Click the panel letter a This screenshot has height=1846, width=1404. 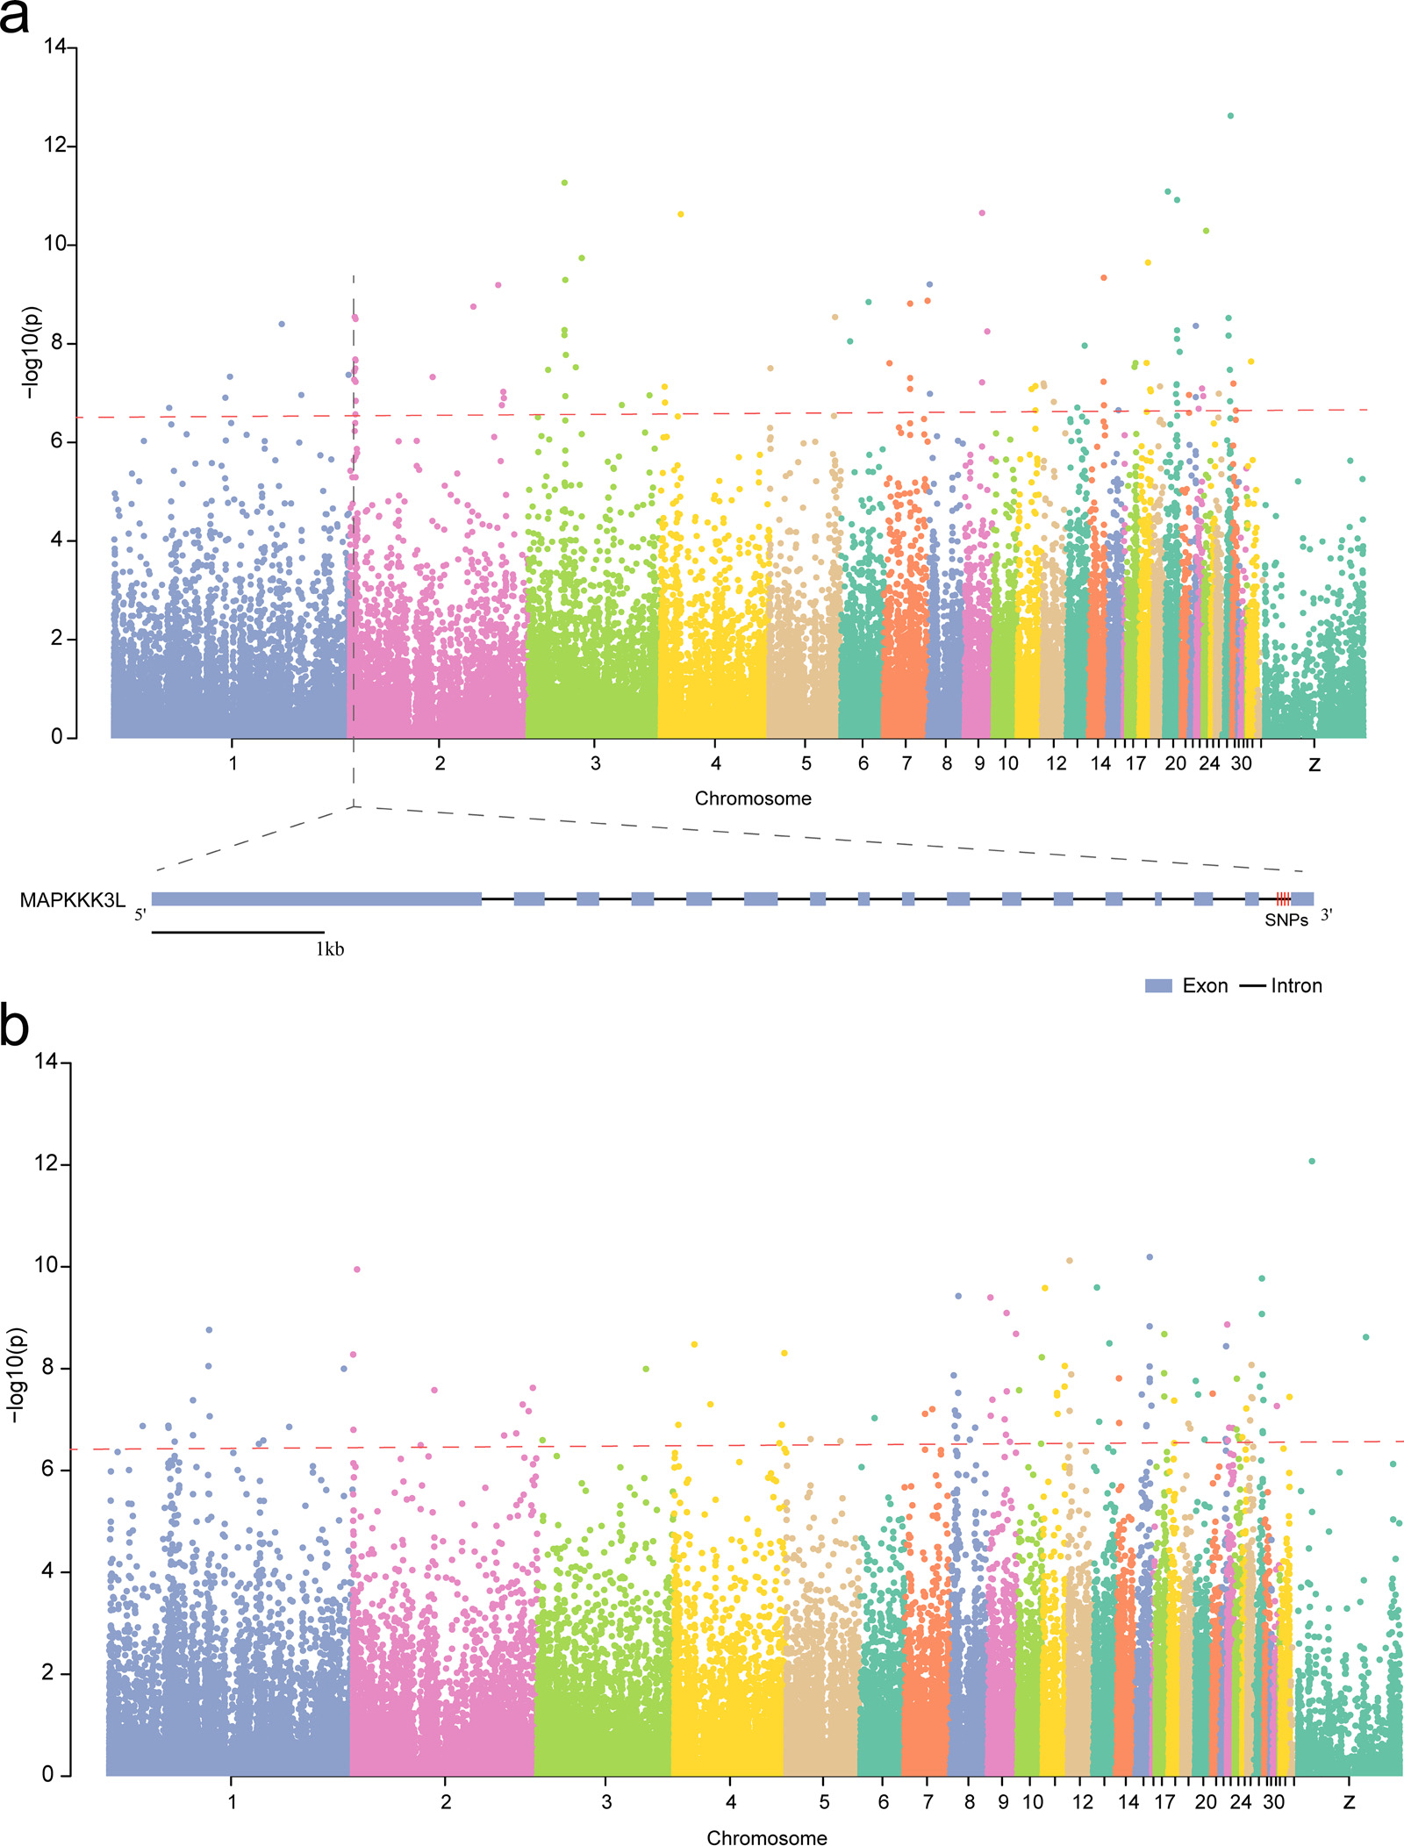point(14,18)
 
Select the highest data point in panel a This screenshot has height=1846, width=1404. point(1230,116)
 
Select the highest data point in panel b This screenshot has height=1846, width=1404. point(1312,1162)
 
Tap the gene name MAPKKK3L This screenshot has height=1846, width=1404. point(72,900)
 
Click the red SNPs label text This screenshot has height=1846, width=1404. point(1286,920)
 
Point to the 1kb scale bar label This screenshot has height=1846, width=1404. point(330,949)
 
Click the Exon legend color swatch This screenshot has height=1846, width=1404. point(1158,986)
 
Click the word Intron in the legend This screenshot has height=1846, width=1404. point(1296,986)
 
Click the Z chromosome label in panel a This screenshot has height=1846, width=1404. point(1314,764)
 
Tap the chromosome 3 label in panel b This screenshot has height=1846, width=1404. point(606,1802)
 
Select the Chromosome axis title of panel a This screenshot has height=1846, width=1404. point(753,798)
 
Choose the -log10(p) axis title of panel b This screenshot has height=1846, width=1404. point(17,1376)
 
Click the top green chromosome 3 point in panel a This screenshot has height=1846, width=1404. point(564,182)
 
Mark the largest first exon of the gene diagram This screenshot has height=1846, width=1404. point(316,898)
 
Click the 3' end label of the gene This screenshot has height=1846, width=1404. point(1327,915)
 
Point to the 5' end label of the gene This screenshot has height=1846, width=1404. point(140,915)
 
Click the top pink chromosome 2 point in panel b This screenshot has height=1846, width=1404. point(356,1270)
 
